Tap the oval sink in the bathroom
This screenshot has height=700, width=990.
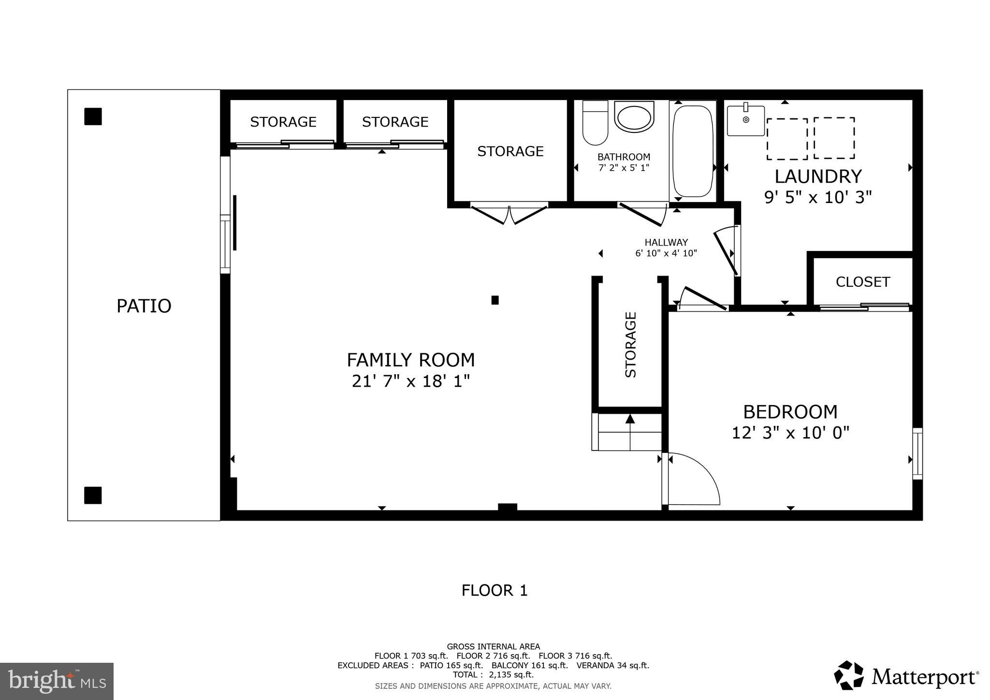(x=634, y=117)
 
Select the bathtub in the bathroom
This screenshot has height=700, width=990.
(x=693, y=151)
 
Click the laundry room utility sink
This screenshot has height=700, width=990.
(x=746, y=121)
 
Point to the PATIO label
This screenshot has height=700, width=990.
(x=144, y=306)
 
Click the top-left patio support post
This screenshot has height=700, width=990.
(x=93, y=117)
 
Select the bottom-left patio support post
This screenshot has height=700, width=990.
(x=93, y=495)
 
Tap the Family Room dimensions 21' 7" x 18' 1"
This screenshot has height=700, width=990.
(x=411, y=381)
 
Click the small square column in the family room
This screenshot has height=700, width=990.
(x=495, y=300)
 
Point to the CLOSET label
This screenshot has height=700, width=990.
(x=862, y=282)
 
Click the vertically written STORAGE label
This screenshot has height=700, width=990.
(x=631, y=345)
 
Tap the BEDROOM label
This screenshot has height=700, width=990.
(x=790, y=412)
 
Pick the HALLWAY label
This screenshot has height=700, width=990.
(x=666, y=243)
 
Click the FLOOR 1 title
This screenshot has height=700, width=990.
(x=494, y=590)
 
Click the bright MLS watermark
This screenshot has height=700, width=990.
(x=57, y=681)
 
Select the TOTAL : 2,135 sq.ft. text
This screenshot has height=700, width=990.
(x=493, y=674)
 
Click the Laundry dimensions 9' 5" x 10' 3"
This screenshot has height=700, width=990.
(x=818, y=197)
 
